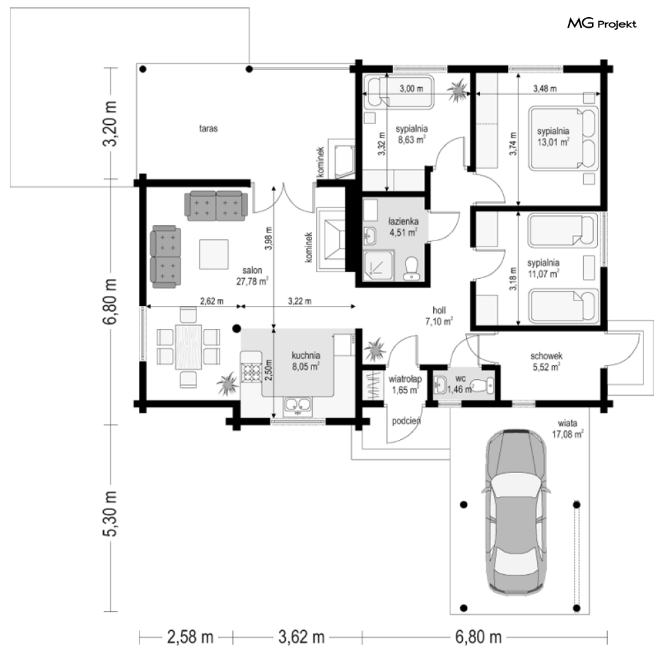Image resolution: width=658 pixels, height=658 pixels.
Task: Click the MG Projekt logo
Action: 602,24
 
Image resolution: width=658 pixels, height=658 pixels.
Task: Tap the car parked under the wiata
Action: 516,511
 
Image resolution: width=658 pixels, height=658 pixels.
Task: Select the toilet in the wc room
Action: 482,384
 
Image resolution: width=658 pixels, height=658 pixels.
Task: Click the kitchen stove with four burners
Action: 251,372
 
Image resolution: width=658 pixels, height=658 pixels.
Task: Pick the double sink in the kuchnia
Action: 298,405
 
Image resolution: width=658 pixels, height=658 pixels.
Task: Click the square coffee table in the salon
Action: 214,254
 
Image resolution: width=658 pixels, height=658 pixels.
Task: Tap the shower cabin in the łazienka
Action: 378,265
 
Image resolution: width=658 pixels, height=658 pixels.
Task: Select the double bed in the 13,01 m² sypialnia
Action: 563,139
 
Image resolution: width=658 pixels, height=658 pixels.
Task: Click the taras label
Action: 208,128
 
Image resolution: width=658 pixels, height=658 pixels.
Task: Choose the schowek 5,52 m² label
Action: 546,361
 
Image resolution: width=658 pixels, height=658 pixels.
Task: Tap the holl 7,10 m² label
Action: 439,316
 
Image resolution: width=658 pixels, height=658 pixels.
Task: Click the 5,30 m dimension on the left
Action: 110,513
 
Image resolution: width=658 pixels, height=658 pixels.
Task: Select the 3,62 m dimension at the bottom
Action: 302,637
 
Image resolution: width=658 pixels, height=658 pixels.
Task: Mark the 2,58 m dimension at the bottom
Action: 190,637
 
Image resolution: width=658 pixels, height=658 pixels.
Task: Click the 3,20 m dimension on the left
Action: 110,124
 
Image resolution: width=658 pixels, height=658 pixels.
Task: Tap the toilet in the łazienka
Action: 411,269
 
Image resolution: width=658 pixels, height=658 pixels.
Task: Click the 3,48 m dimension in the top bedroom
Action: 545,89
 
